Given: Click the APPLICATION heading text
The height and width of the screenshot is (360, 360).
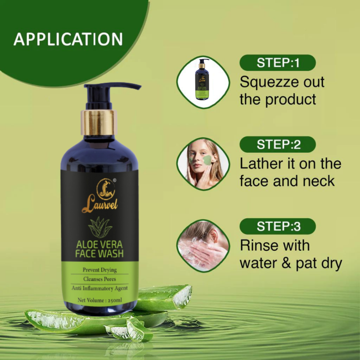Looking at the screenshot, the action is (68, 39).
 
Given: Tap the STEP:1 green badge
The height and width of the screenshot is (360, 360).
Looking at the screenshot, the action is (278, 63).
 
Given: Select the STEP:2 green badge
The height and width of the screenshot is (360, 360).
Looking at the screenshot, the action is (278, 144).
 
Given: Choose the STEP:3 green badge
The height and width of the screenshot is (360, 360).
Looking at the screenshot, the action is (278, 226).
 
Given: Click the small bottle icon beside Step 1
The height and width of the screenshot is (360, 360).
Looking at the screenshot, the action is (203, 82).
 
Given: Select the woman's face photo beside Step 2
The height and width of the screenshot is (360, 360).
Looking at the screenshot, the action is (203, 164).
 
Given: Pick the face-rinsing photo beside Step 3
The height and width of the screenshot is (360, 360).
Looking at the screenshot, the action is (203, 246).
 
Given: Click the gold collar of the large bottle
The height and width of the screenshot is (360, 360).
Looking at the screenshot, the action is (99, 122).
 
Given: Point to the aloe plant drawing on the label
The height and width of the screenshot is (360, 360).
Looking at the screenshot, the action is (100, 227).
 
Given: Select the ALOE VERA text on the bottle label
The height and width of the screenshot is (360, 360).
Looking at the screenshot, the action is (99, 245).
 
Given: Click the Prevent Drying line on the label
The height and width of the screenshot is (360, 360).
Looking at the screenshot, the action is (99, 270).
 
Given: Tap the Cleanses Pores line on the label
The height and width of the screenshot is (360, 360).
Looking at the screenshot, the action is (99, 279).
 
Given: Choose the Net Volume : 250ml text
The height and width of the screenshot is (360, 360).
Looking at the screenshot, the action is (99, 300).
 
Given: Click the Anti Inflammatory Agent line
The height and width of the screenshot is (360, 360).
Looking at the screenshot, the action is (99, 288).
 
